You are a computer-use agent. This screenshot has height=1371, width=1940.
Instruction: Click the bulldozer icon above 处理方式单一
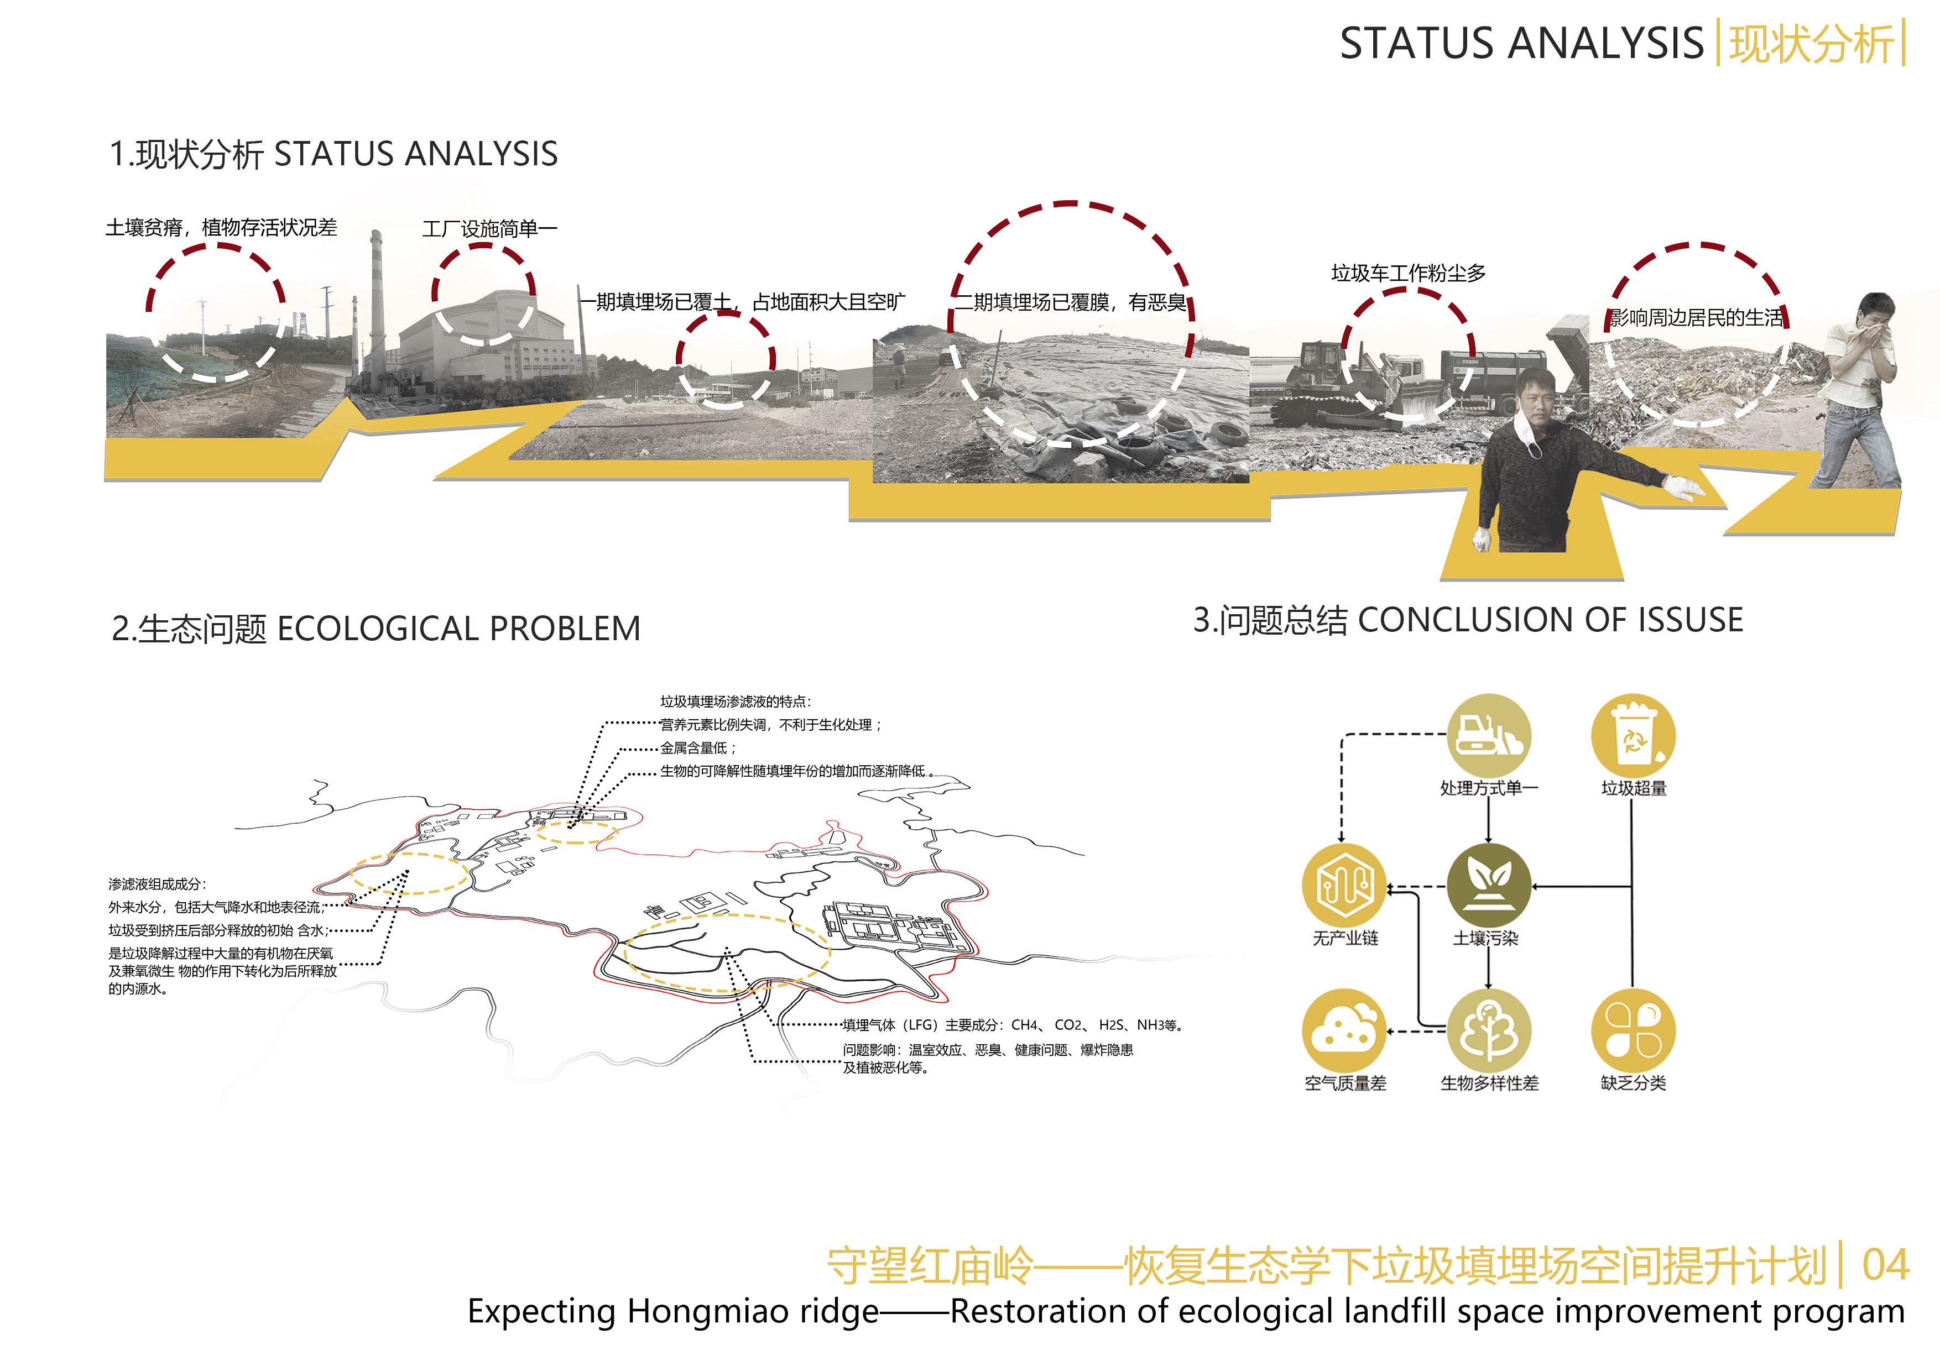click(1489, 736)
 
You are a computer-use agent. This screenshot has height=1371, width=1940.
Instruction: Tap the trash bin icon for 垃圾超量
click(1633, 736)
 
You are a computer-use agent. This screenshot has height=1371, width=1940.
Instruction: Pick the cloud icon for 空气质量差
click(1344, 1030)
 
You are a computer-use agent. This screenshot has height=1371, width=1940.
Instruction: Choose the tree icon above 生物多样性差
click(1489, 1030)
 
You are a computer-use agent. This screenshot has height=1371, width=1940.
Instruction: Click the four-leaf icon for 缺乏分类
click(1633, 1030)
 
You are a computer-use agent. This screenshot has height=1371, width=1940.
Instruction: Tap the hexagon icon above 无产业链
click(1344, 885)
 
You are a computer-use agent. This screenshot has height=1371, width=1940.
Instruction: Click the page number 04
click(1886, 1264)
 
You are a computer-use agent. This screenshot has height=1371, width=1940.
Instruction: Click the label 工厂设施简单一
click(490, 229)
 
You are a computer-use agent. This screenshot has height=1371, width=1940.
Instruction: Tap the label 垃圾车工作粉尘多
click(1409, 273)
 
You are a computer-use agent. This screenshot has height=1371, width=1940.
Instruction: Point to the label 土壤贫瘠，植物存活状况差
click(221, 227)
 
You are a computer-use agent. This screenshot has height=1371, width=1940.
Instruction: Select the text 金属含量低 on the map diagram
click(693, 747)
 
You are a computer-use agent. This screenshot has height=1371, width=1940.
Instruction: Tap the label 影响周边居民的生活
click(1697, 318)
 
